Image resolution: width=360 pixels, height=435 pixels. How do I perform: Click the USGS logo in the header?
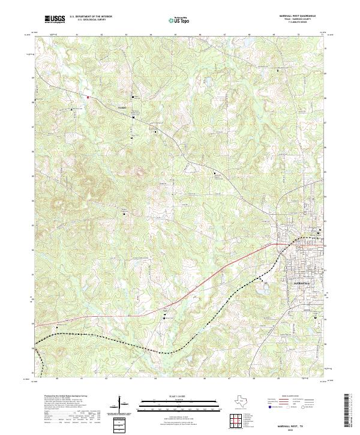pos(55,19)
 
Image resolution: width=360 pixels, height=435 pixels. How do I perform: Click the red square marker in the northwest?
pos(88,96)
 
